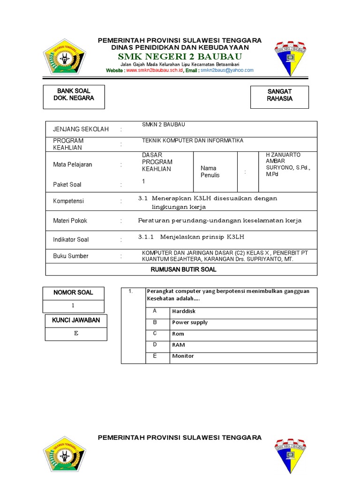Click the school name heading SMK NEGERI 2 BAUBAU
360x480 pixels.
click(180, 57)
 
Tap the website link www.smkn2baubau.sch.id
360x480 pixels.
click(154, 70)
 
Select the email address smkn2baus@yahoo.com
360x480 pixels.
click(227, 70)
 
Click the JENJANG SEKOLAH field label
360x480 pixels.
click(81, 129)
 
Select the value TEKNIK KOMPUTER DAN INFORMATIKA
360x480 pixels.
click(193, 141)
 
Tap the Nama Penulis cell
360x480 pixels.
click(210, 172)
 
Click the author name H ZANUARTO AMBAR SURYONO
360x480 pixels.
click(287, 164)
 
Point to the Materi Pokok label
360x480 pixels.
click(70, 220)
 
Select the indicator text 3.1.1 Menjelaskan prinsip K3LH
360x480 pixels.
click(191, 237)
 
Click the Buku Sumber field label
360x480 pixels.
click(70, 256)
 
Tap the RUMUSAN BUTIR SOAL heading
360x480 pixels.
click(183, 270)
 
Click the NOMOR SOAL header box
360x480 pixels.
click(73, 292)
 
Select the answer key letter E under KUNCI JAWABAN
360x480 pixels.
click(75, 334)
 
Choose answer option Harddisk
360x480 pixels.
click(184, 311)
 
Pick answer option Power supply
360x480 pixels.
click(190, 322)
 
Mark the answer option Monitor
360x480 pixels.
click(183, 356)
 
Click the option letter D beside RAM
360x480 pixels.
click(154, 345)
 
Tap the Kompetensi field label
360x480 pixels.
click(68, 201)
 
